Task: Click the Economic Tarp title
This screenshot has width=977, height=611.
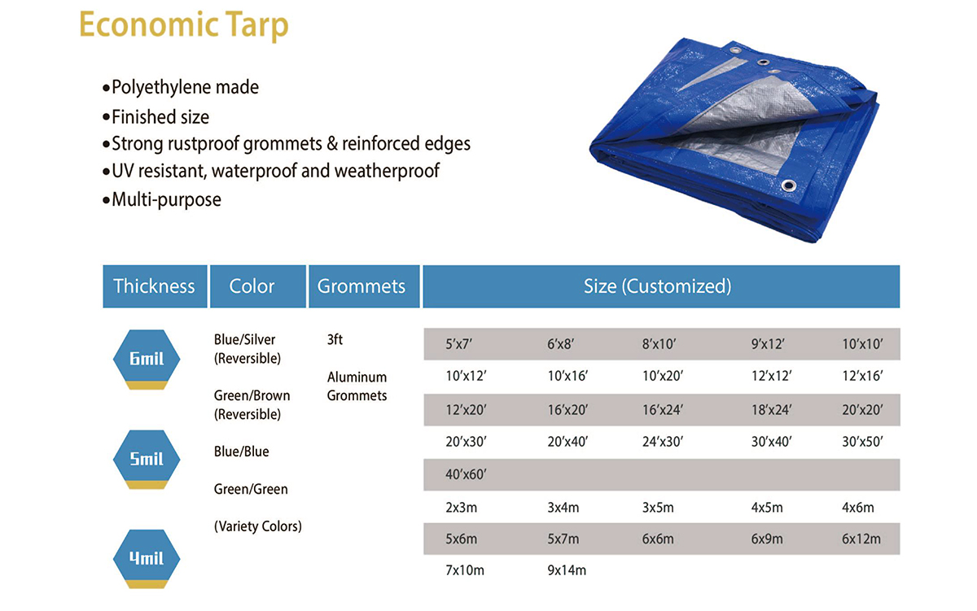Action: (x=184, y=25)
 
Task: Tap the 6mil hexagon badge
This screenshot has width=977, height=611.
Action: (x=147, y=359)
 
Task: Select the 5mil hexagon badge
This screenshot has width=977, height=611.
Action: (x=147, y=460)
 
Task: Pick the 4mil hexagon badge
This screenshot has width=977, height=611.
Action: (x=147, y=559)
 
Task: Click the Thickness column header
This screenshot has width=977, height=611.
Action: (x=155, y=286)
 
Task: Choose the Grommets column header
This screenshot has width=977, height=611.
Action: (x=364, y=286)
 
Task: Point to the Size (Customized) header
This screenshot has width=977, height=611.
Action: (x=661, y=286)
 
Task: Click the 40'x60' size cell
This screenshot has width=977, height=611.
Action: (x=466, y=474)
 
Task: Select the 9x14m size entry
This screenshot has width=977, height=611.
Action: (x=567, y=570)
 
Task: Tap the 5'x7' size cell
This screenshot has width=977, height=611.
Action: (x=458, y=344)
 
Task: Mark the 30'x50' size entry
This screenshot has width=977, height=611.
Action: (x=862, y=442)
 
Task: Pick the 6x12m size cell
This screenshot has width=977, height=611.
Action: (x=861, y=539)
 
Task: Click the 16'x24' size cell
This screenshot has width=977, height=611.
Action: (x=663, y=410)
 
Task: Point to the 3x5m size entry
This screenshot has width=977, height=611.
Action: (x=658, y=508)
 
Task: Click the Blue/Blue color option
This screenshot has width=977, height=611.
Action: (x=241, y=452)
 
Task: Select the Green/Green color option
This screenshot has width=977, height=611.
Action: (x=251, y=489)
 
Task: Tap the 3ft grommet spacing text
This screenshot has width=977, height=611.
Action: (x=335, y=339)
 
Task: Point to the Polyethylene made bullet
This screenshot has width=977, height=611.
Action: (x=181, y=87)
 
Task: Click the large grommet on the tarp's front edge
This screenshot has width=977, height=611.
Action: (x=788, y=185)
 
